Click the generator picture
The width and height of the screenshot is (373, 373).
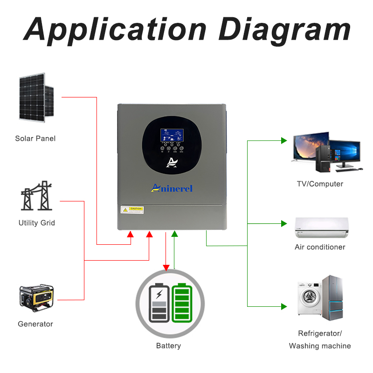point(36,298)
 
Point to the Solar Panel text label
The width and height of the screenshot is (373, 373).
point(35,138)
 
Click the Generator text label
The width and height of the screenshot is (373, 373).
point(35,324)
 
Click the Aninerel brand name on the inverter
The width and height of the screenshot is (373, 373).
point(172,188)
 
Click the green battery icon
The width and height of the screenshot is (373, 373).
point(182,303)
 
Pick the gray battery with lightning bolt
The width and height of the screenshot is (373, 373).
point(159,303)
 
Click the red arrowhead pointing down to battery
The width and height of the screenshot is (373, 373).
point(166,267)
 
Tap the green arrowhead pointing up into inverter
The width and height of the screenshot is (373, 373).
point(174,234)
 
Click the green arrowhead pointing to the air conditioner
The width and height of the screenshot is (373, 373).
point(284,224)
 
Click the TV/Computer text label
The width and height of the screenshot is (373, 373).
point(320,184)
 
